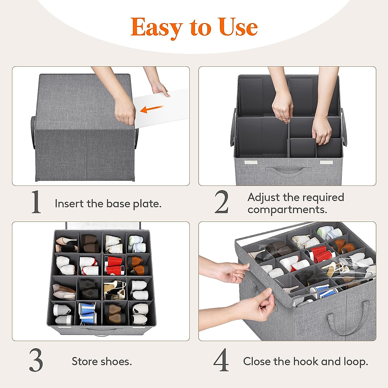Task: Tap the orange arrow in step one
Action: point(152,109)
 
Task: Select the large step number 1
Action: point(36,202)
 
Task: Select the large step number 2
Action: point(221,202)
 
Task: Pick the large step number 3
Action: point(36,361)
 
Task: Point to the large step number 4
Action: point(221,361)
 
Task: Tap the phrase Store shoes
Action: point(102,361)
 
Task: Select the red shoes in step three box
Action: point(115,265)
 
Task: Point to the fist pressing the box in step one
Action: point(125,112)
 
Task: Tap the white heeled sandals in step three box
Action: point(115,289)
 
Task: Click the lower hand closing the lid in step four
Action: point(255,307)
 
